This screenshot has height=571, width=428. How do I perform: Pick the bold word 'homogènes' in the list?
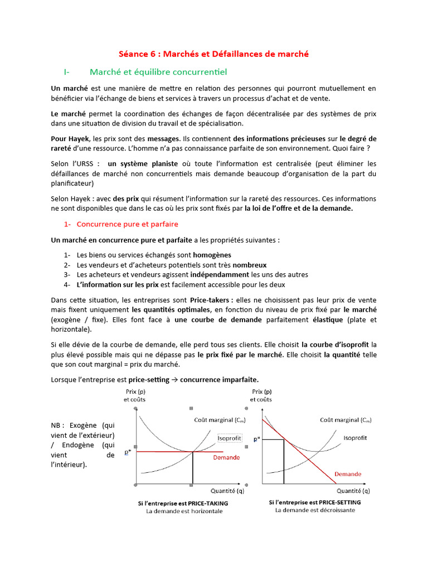(212, 254)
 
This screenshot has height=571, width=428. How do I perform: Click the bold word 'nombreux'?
(250, 265)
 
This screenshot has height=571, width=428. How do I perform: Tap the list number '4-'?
(67, 285)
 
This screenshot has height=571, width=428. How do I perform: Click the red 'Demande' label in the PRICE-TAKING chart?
(226, 457)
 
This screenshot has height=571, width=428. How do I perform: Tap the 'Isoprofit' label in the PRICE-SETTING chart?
(355, 438)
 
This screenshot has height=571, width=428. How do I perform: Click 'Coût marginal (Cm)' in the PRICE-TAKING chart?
(218, 420)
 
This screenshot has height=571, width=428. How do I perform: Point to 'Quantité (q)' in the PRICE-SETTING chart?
(353, 491)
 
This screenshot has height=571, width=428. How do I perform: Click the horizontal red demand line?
(167, 452)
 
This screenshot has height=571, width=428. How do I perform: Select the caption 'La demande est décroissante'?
(314, 510)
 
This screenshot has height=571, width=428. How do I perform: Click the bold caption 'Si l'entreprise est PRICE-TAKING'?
(183, 502)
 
